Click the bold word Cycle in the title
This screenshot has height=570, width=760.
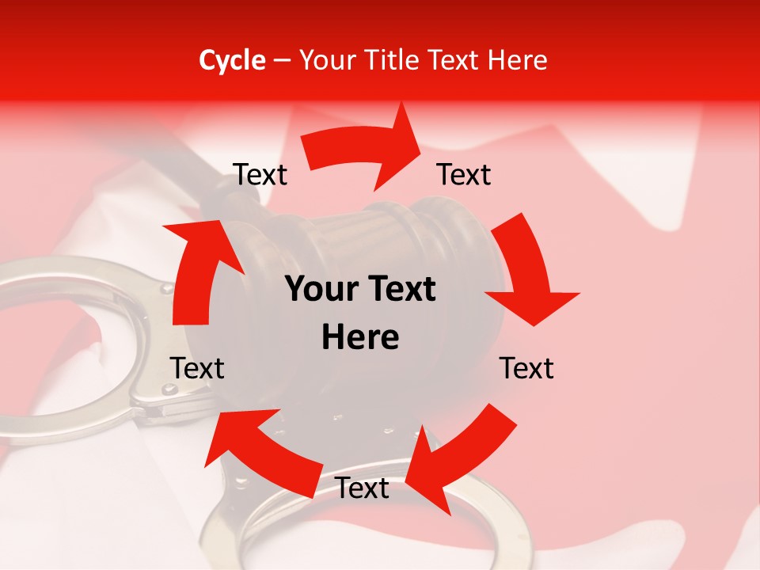coord(232,60)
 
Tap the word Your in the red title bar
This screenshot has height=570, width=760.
coord(331,60)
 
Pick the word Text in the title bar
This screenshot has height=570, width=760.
coord(457,60)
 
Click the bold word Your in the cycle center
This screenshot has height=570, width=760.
coord(322,290)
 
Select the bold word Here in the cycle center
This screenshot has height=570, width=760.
coord(360,338)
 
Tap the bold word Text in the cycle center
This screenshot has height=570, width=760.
coord(401,290)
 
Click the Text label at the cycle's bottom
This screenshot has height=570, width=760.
coord(362,488)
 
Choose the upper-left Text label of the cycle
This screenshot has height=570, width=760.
coord(260,175)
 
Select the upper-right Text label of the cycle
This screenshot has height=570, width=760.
coord(464,175)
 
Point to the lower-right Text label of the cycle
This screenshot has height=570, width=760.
coord(526,368)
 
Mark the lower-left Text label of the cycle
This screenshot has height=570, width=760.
coord(198,368)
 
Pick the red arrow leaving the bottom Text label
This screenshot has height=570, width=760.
coord(253,451)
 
